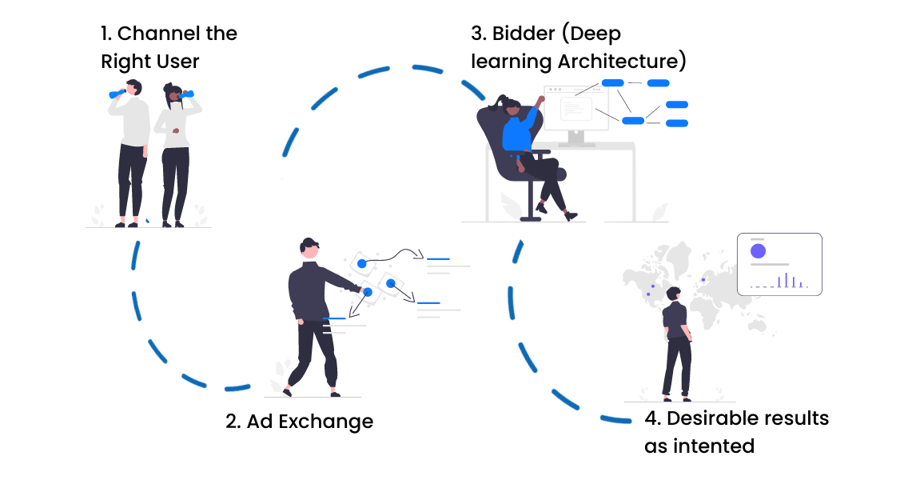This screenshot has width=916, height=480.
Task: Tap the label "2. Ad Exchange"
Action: (x=300, y=422)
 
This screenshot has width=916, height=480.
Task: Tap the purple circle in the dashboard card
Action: (x=758, y=251)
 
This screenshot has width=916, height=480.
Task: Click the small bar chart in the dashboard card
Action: (x=788, y=280)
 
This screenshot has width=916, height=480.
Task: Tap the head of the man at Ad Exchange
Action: (x=310, y=247)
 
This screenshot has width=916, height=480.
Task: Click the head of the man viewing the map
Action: (x=674, y=294)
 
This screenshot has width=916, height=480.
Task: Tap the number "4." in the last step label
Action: (x=652, y=418)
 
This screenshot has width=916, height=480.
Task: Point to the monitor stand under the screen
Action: (x=575, y=138)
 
